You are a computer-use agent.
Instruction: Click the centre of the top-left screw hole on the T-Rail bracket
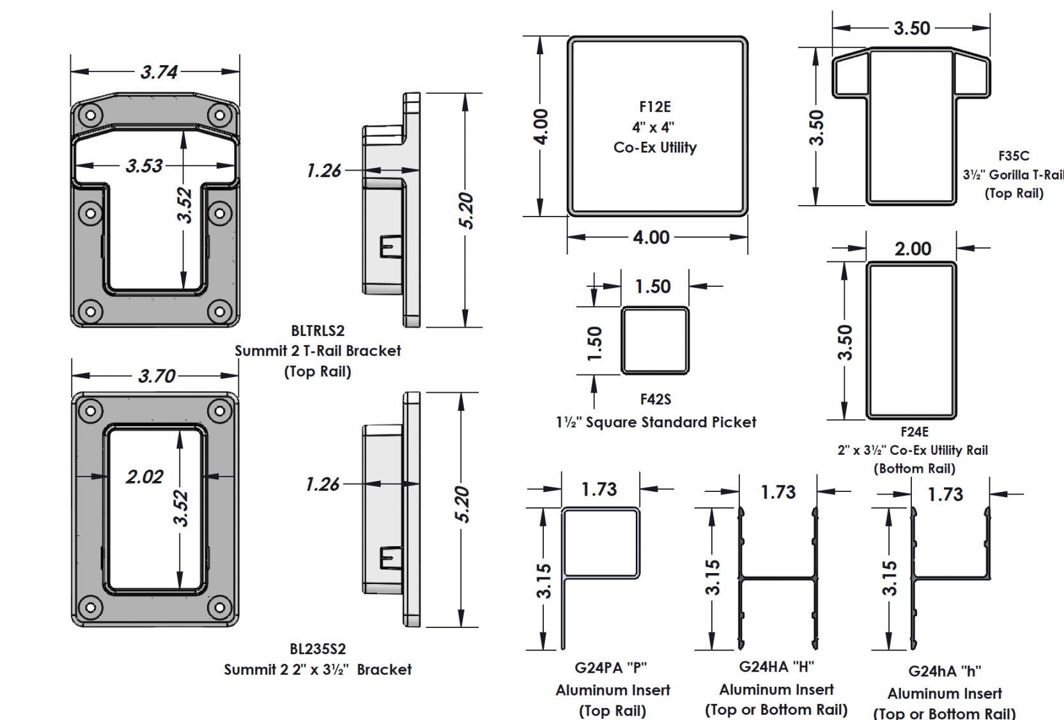90,115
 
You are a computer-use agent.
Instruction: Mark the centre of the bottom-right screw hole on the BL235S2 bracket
219,608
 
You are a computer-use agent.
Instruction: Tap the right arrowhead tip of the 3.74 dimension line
240,72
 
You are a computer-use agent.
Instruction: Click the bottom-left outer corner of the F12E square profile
567,216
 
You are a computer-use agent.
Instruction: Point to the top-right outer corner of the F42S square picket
689,307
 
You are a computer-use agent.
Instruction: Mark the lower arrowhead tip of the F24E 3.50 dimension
844,420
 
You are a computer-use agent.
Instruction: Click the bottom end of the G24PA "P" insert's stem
563,649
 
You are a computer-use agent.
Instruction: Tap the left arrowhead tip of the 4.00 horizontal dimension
567,237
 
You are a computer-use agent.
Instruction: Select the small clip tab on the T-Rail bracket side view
390,247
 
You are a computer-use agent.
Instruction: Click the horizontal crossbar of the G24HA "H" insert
778,578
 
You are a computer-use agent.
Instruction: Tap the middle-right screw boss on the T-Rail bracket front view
219,213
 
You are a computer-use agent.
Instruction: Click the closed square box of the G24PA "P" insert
601,543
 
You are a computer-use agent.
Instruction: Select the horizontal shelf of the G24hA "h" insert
951,578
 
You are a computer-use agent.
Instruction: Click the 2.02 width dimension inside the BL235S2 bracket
144,477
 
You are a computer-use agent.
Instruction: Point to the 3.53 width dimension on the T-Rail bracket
144,165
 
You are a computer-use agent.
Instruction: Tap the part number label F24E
914,432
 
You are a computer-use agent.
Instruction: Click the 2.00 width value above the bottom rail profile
913,249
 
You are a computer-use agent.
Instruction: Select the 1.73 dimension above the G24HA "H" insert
778,492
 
